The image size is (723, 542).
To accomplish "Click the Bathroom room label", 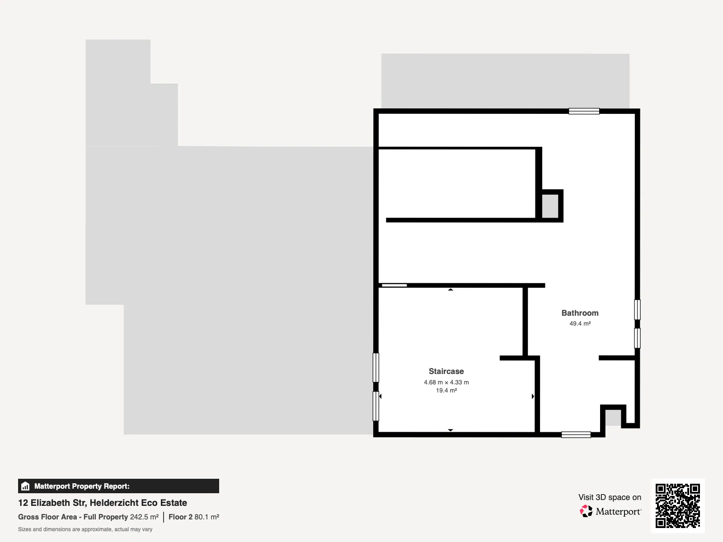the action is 580,313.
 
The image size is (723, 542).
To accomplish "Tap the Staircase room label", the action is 446,371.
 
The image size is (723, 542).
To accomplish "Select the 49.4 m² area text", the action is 580,323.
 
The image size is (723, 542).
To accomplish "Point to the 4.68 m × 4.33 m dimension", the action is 446,382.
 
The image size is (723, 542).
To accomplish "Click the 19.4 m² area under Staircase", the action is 446,390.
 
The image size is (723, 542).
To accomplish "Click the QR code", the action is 677,505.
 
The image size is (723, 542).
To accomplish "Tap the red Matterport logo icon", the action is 586,511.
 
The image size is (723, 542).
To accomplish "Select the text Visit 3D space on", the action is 610,497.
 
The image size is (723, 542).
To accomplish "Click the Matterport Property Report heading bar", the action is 118,486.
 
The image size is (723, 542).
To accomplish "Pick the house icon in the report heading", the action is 25,486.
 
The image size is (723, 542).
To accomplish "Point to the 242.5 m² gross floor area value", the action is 144,517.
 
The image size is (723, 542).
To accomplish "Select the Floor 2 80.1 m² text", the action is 194,517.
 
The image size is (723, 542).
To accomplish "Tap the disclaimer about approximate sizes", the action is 85,529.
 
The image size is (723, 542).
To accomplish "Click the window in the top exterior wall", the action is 584,111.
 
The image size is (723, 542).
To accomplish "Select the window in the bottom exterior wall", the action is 576,435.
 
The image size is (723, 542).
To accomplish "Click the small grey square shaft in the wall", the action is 550,206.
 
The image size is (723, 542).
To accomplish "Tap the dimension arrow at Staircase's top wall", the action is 450,290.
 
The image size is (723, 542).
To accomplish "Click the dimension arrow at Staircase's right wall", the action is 533,396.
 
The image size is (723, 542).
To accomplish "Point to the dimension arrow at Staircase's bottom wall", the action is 450,430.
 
